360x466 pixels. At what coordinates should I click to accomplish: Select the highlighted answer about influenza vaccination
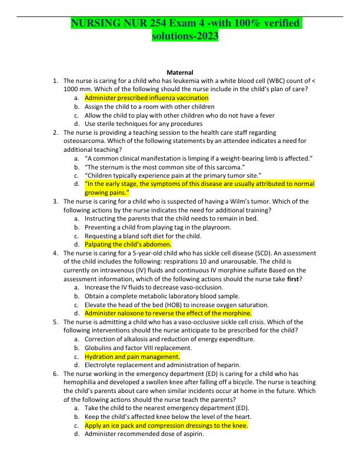pyautogui.click(x=146, y=98)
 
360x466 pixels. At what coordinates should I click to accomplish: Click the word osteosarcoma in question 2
pyautogui.click(x=83, y=141)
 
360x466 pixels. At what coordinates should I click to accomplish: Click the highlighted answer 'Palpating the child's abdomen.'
pyautogui.click(x=128, y=244)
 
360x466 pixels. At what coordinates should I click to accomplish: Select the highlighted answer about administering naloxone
pyautogui.click(x=168, y=313)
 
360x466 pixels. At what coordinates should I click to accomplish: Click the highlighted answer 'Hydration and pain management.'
pyautogui.click(x=132, y=357)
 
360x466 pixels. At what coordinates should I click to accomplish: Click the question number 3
pyautogui.click(x=55, y=201)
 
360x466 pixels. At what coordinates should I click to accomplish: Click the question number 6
pyautogui.click(x=55, y=374)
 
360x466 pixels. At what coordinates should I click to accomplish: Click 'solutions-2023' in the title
pyautogui.click(x=185, y=36)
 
